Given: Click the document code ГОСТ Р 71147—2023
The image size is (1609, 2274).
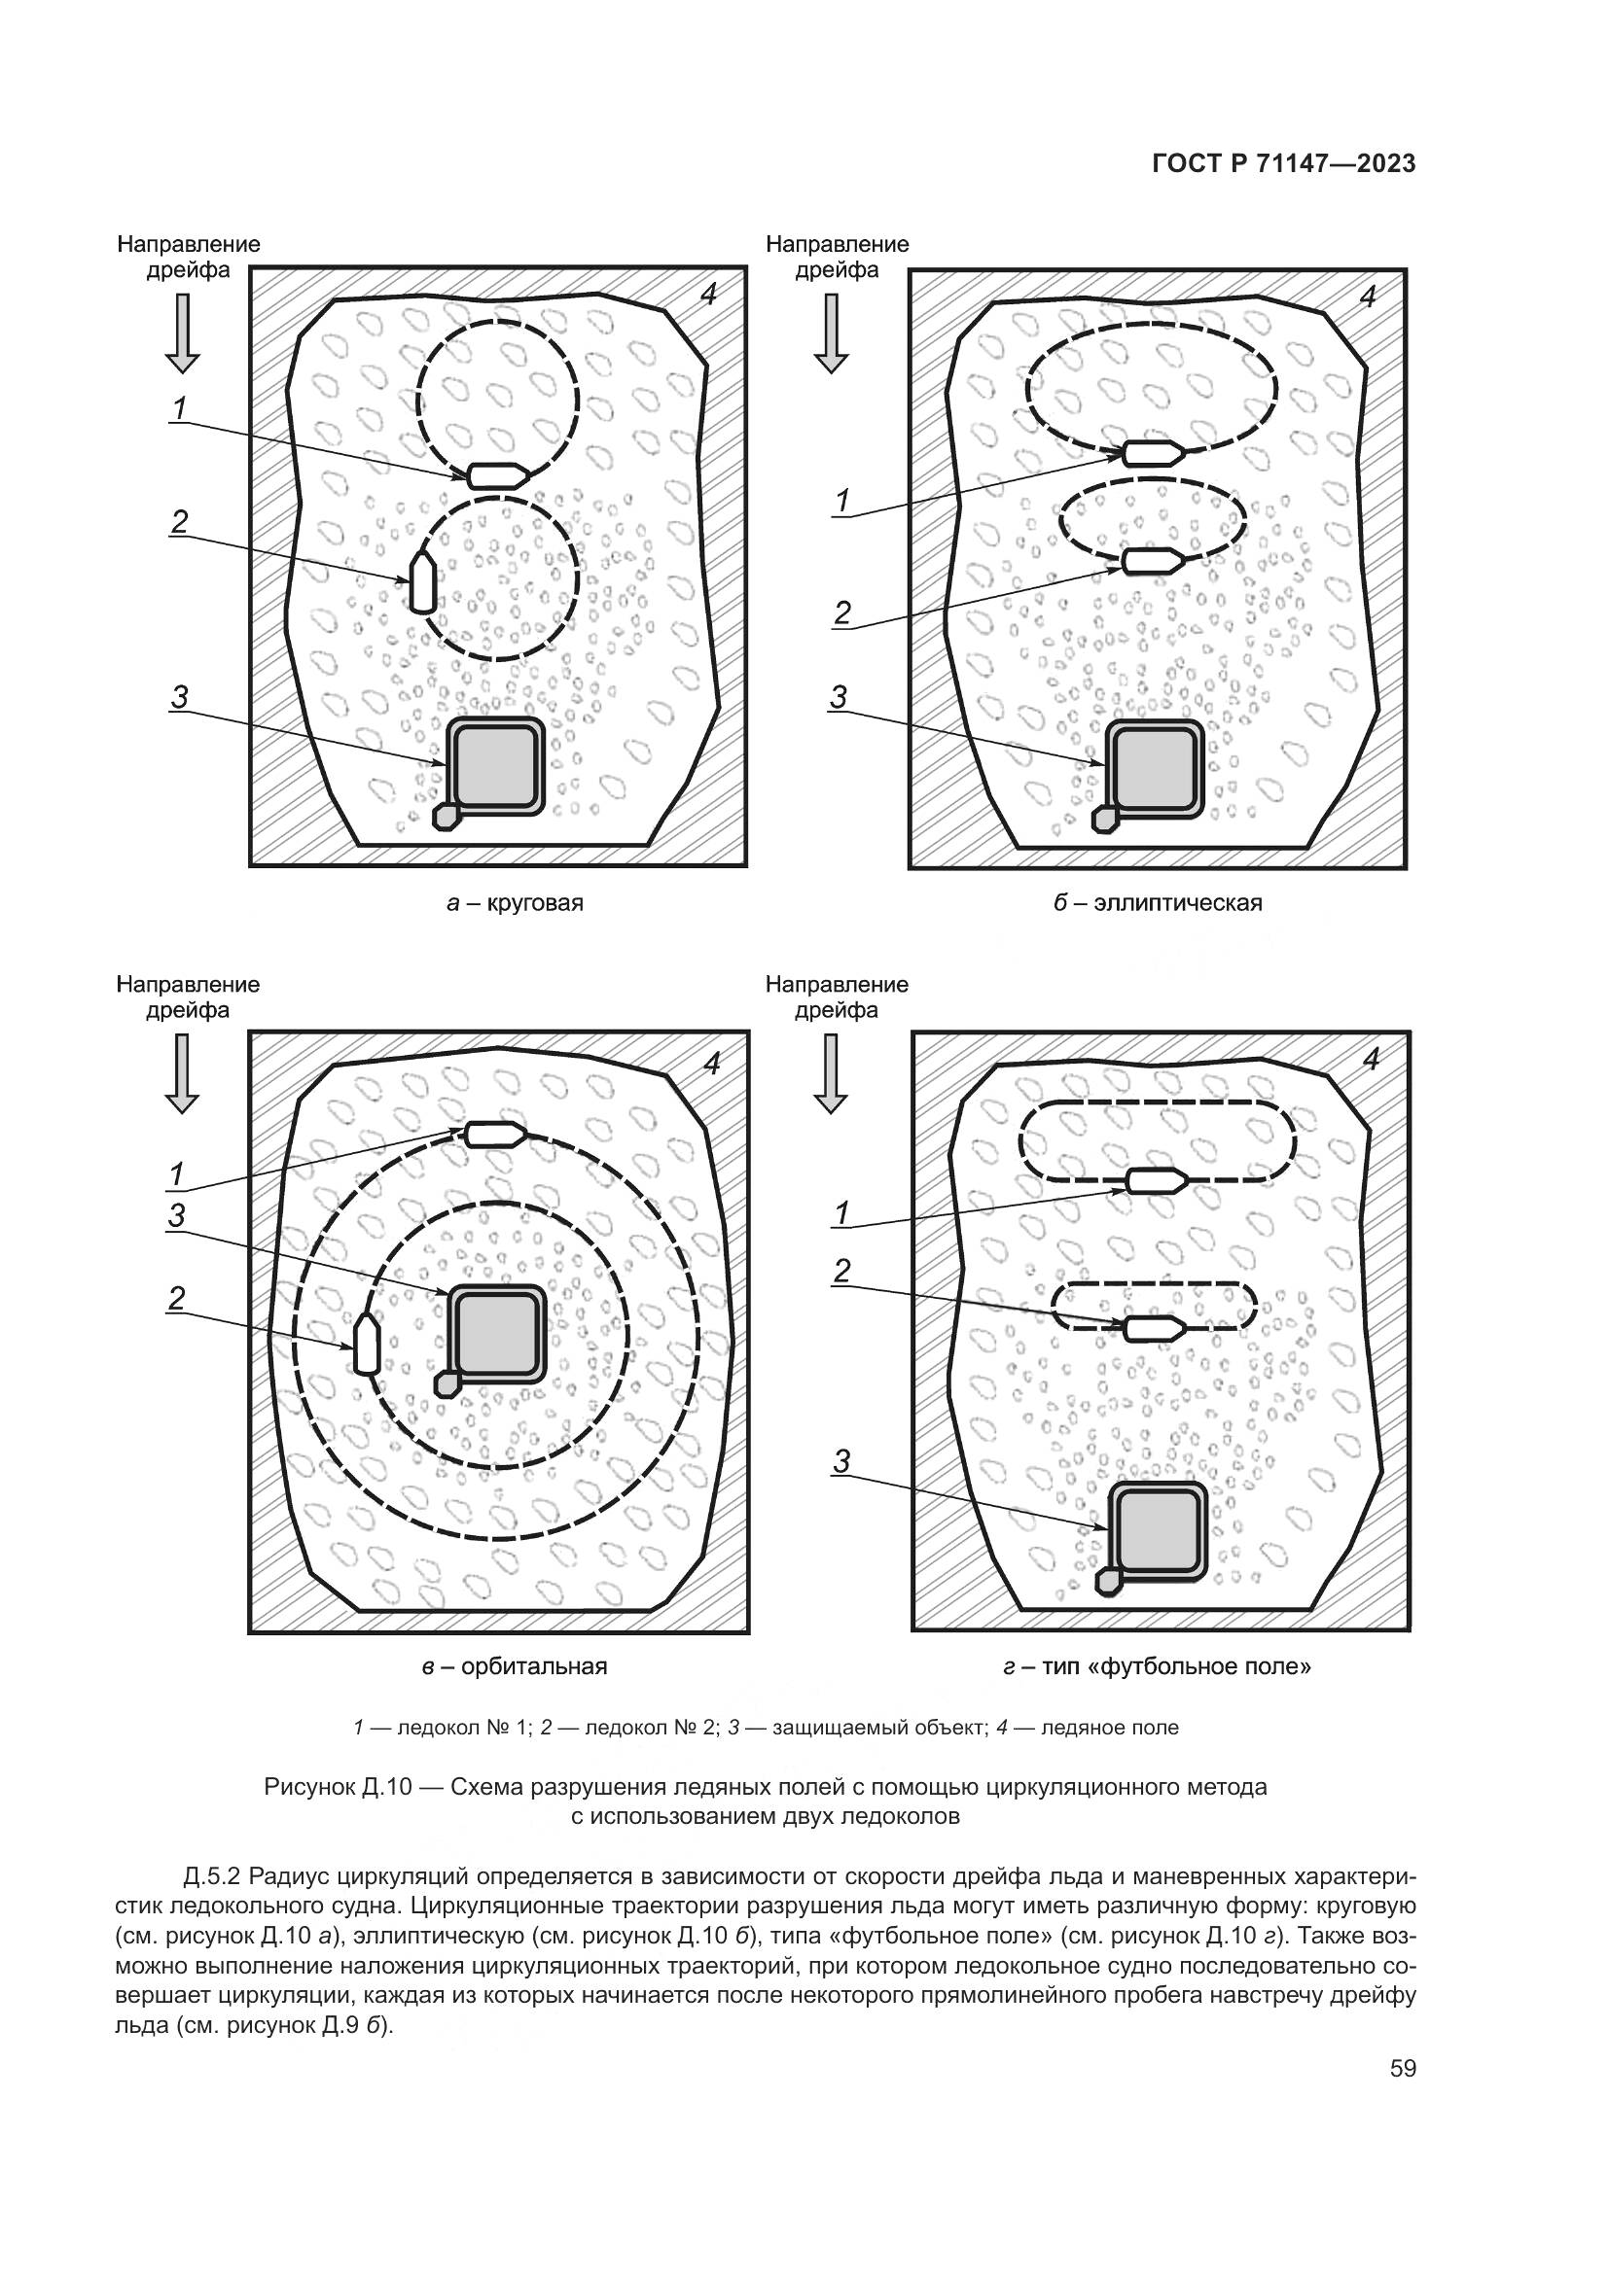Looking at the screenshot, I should click(1283, 164).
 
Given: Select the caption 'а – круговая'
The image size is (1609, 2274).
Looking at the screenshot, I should click(515, 903).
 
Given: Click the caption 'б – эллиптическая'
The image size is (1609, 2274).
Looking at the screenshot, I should click(1158, 903).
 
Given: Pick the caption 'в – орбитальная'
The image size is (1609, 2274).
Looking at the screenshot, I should click(515, 1666).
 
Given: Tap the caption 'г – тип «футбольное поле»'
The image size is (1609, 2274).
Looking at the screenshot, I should click(1157, 1666).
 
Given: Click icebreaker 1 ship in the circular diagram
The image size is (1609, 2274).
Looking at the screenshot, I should click(497, 475).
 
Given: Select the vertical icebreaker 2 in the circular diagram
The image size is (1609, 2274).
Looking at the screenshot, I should click(423, 582).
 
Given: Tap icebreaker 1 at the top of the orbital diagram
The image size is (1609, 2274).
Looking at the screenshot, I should click(495, 1134).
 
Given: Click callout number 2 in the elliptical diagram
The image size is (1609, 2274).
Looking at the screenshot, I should click(842, 613).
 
